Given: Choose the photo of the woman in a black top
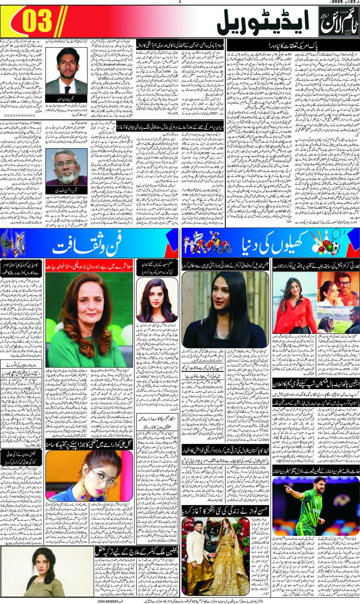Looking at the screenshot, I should [x=226, y=310].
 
